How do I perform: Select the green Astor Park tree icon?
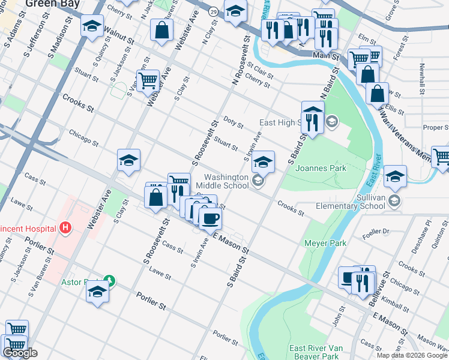coord(109,280)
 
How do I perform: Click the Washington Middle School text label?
coord(226,181)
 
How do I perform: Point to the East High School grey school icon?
coord(331,123)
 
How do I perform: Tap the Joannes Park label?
coord(321,169)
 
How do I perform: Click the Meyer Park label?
coord(326,243)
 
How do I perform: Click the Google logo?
coord(20,353)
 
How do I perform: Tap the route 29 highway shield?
coord(213,11)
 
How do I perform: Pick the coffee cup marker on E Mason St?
coord(209,218)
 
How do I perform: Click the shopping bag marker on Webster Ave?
coord(162,30)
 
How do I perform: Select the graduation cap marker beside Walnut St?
coord(92,27)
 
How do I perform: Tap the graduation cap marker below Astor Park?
coord(97,293)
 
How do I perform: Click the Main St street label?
coord(325,55)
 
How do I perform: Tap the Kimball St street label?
coord(393,298)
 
